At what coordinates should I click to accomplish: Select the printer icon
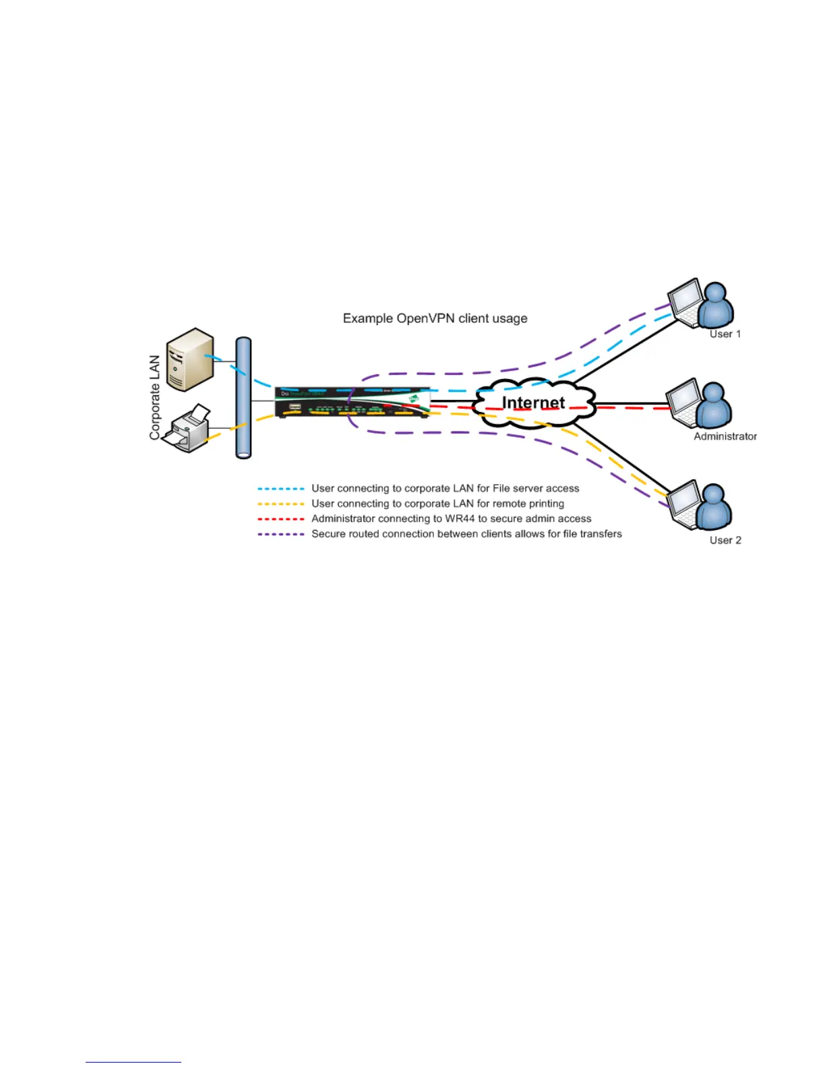pos(189,429)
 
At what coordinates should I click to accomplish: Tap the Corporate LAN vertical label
pos(155,398)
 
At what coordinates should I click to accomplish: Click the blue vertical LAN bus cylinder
pos(243,398)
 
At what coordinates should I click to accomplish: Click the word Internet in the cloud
pos(533,403)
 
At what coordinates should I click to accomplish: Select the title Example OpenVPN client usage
pos(435,318)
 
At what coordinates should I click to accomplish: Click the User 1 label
pos(725,334)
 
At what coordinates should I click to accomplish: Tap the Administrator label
pos(725,436)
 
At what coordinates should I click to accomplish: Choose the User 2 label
pos(725,540)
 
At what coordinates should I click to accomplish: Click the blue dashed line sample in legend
pos(281,489)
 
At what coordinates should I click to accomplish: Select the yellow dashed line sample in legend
pos(281,504)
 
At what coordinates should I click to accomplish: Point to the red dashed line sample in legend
pos(281,519)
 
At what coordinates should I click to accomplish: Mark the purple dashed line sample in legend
pos(281,534)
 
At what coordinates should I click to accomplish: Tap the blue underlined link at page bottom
pos(133,1062)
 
